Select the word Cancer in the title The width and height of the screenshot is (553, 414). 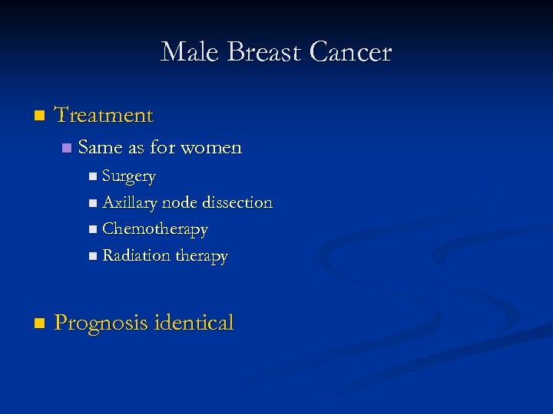351,52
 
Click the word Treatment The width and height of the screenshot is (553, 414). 104,116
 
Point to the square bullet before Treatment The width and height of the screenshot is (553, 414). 40,117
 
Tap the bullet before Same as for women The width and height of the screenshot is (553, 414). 67,147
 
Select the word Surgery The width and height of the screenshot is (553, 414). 129,177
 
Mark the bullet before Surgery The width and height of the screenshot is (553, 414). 92,177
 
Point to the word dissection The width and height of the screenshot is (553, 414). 237,203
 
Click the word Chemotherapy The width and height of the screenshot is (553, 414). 155,229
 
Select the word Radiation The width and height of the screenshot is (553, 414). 136,255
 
